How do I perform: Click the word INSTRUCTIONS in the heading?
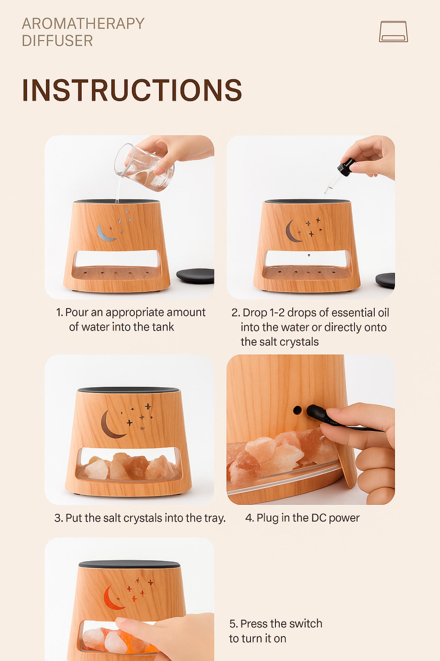point(132,90)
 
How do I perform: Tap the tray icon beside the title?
point(393,31)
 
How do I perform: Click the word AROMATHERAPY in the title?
point(83,24)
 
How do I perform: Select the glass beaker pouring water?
point(144,167)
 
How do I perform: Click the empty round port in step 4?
point(297,410)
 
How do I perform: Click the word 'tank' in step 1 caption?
point(163,327)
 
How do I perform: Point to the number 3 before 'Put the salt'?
point(57,518)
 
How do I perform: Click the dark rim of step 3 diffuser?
point(128,390)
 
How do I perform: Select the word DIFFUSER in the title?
point(57,41)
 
